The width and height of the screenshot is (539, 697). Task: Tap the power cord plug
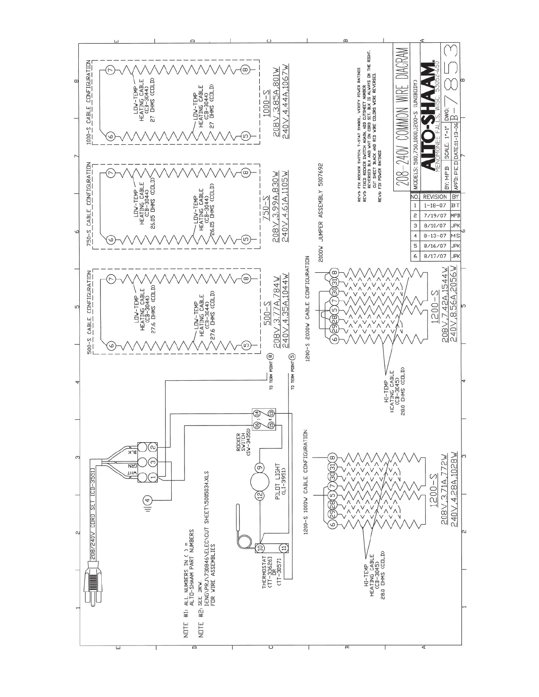(93, 586)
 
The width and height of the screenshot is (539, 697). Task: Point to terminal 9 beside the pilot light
(260, 467)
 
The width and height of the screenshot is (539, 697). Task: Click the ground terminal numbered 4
(148, 500)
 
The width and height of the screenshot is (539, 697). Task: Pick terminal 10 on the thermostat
(260, 548)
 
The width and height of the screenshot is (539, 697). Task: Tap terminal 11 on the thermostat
(284, 548)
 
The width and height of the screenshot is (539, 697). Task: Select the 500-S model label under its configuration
(267, 314)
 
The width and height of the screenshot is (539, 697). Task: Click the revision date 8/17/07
(434, 256)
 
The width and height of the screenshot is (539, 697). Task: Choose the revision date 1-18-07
(434, 205)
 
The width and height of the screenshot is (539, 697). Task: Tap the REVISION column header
(434, 197)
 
